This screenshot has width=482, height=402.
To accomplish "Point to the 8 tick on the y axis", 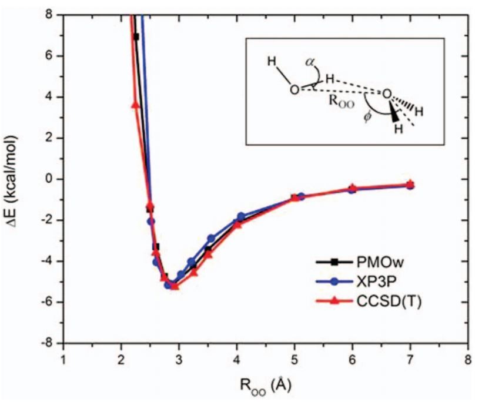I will [51, 14].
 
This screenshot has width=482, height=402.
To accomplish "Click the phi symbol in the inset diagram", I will [367, 117].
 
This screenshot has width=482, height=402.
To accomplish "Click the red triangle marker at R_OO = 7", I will [410, 183].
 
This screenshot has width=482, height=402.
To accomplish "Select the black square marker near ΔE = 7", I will [136, 36].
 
